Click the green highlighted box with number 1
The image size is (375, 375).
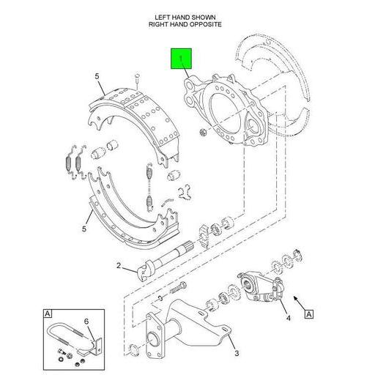click(181, 59)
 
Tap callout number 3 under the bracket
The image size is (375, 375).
click(236, 353)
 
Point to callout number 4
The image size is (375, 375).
click(289, 318)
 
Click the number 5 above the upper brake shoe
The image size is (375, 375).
click(96, 76)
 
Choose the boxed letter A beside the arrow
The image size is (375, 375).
click(309, 314)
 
